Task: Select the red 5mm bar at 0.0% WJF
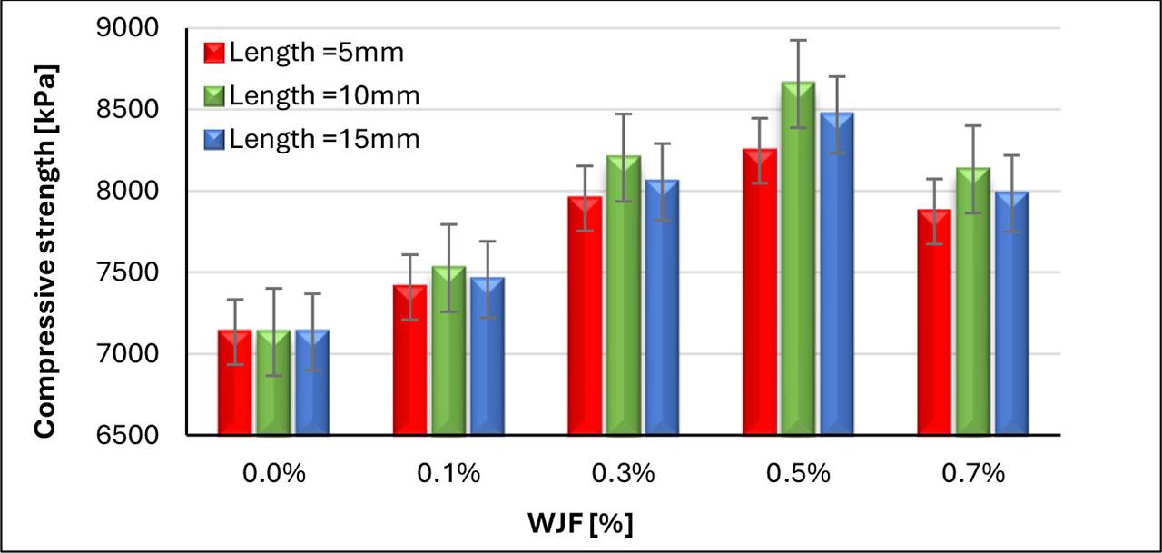[x=235, y=386]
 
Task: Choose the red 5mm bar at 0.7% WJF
[x=934, y=327]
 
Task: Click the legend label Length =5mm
[x=315, y=52]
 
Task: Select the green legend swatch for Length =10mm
[x=214, y=94]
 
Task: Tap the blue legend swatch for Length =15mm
[x=214, y=139]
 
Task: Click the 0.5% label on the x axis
[x=798, y=474]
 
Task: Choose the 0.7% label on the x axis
[x=973, y=474]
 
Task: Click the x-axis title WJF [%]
[x=580, y=524]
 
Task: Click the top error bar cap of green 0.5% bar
[x=798, y=40]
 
